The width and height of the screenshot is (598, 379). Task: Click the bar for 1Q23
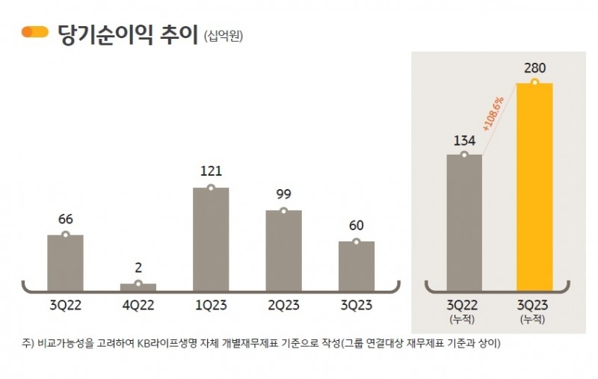[211, 239]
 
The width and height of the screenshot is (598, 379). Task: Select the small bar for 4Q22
[138, 287]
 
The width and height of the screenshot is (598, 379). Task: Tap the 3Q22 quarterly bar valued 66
[66, 262]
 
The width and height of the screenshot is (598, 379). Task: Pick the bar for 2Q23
[283, 250]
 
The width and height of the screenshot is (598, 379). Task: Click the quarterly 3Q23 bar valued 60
[357, 266]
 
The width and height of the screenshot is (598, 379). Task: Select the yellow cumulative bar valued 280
[534, 187]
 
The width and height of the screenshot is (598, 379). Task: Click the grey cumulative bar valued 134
[464, 223]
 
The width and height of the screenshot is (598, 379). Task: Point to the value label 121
[211, 171]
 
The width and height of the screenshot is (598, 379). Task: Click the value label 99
[283, 194]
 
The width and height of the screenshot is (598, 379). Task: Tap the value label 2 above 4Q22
[138, 267]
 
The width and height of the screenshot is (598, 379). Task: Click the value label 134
[464, 139]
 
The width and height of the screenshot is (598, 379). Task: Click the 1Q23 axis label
[211, 305]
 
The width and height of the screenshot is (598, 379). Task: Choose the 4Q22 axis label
[138, 305]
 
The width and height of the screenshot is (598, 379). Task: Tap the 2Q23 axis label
[283, 305]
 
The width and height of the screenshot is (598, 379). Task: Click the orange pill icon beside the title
[35, 32]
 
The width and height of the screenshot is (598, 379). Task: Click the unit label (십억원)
[224, 35]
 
